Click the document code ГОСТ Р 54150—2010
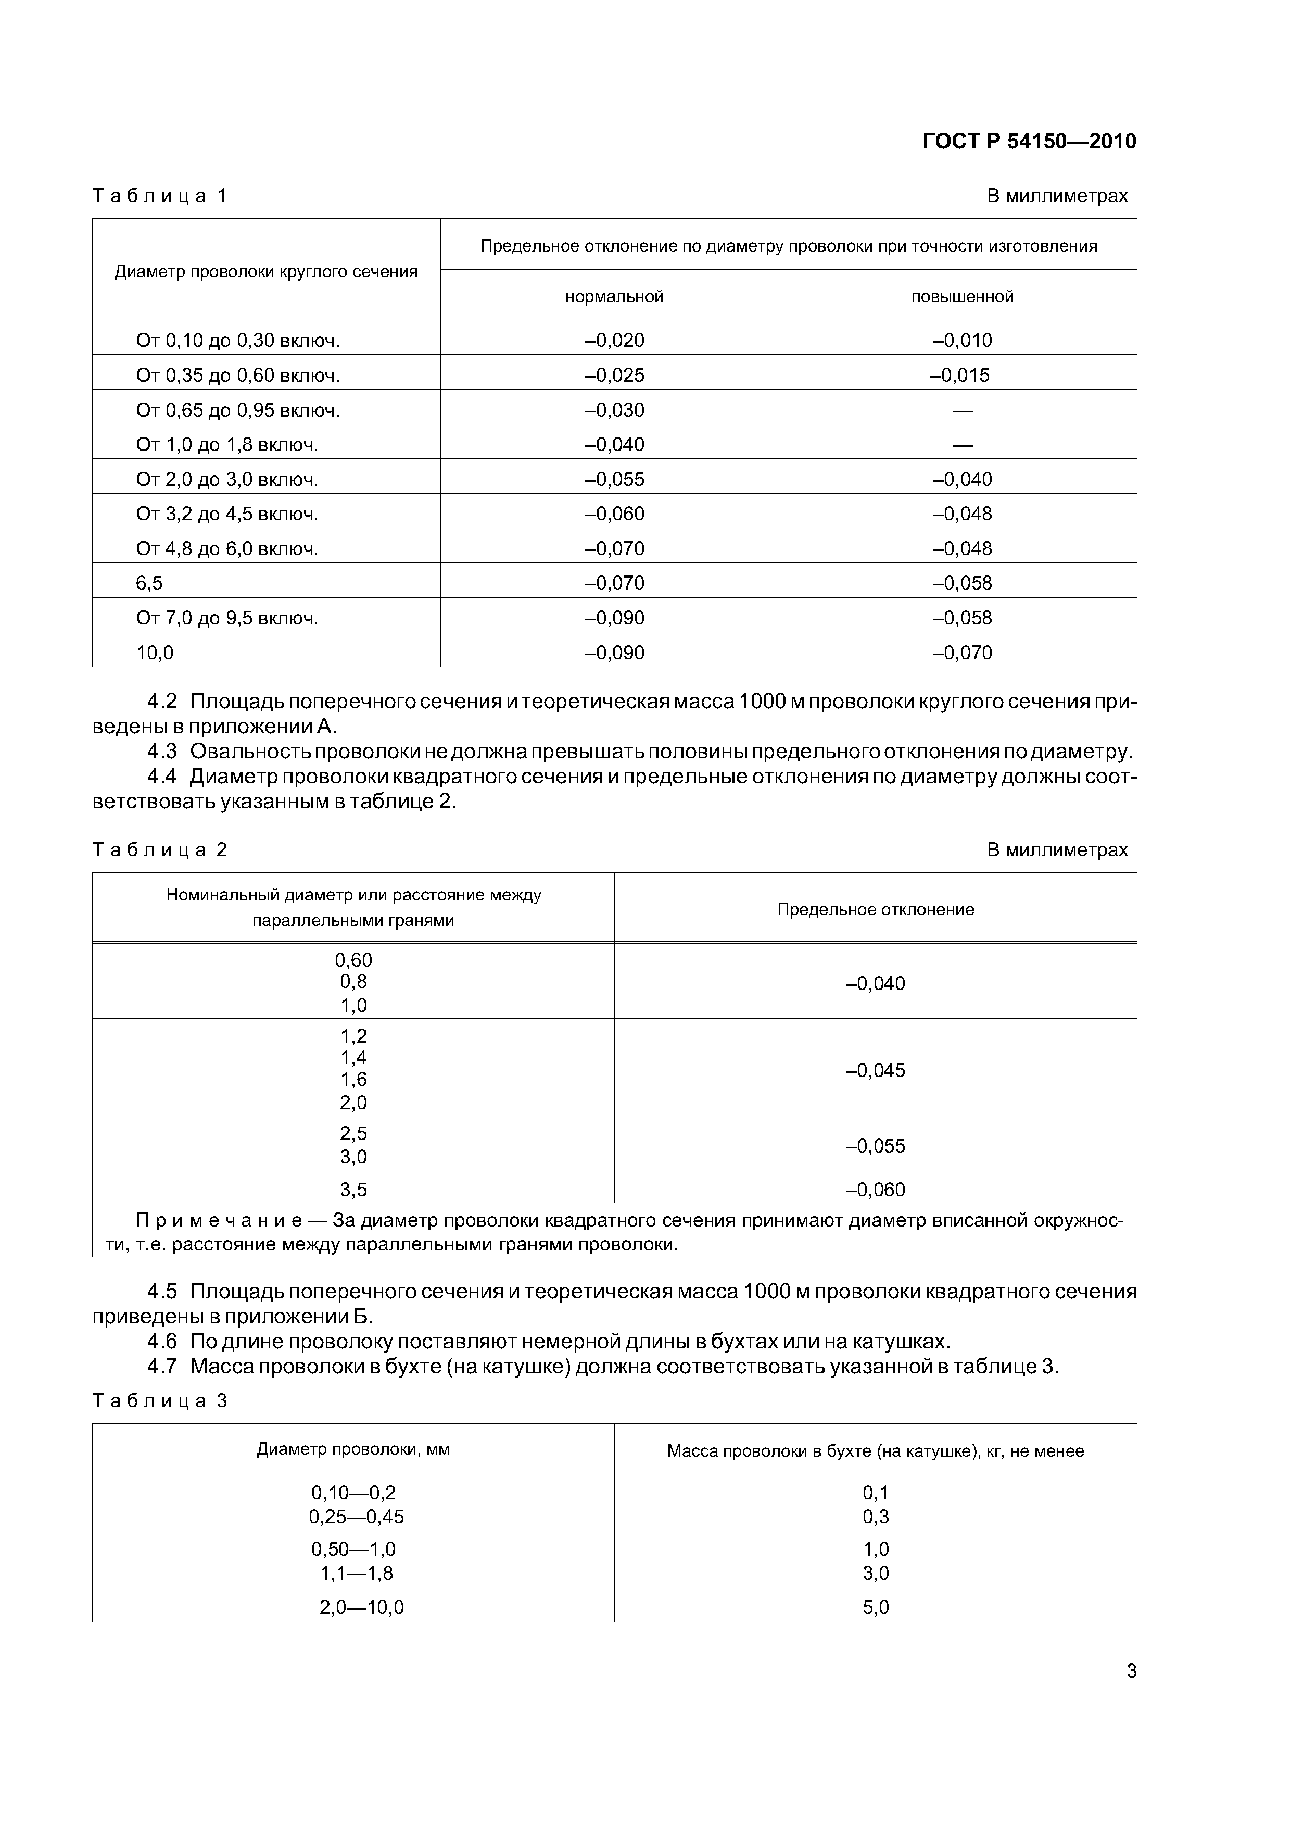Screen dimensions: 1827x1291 1029,142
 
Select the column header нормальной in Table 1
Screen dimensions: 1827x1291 614,297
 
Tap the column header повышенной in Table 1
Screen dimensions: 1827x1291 963,297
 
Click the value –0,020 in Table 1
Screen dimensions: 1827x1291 614,341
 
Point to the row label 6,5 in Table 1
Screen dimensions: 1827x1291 149,583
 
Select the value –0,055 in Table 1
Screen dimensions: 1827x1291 614,480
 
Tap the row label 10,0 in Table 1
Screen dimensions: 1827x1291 155,653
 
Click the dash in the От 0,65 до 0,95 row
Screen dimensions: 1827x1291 963,410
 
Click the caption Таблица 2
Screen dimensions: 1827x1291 160,850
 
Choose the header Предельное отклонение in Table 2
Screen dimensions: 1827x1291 875,909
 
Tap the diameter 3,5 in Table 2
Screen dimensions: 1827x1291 353,1190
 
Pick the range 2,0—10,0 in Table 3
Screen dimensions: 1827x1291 361,1607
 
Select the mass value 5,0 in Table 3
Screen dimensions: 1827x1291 875,1607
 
